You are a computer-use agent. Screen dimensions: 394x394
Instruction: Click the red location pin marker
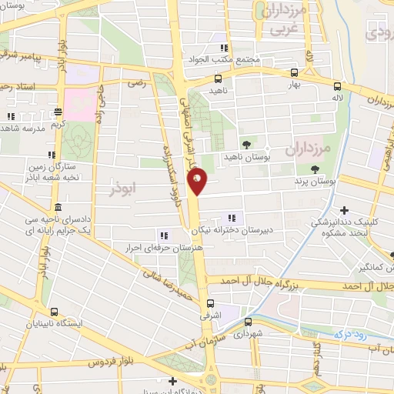point(198,182)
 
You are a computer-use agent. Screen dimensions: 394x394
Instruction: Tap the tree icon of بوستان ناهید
point(246,144)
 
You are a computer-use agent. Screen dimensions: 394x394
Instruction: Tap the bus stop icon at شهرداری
point(246,322)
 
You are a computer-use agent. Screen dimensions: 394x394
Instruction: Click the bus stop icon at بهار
point(295,74)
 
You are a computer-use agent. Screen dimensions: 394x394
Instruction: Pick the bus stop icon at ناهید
point(219,78)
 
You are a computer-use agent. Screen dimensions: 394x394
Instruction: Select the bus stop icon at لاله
point(337,87)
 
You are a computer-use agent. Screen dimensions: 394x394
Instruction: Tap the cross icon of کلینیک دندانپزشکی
point(344,210)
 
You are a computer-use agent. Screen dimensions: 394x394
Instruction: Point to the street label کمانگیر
point(372,267)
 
